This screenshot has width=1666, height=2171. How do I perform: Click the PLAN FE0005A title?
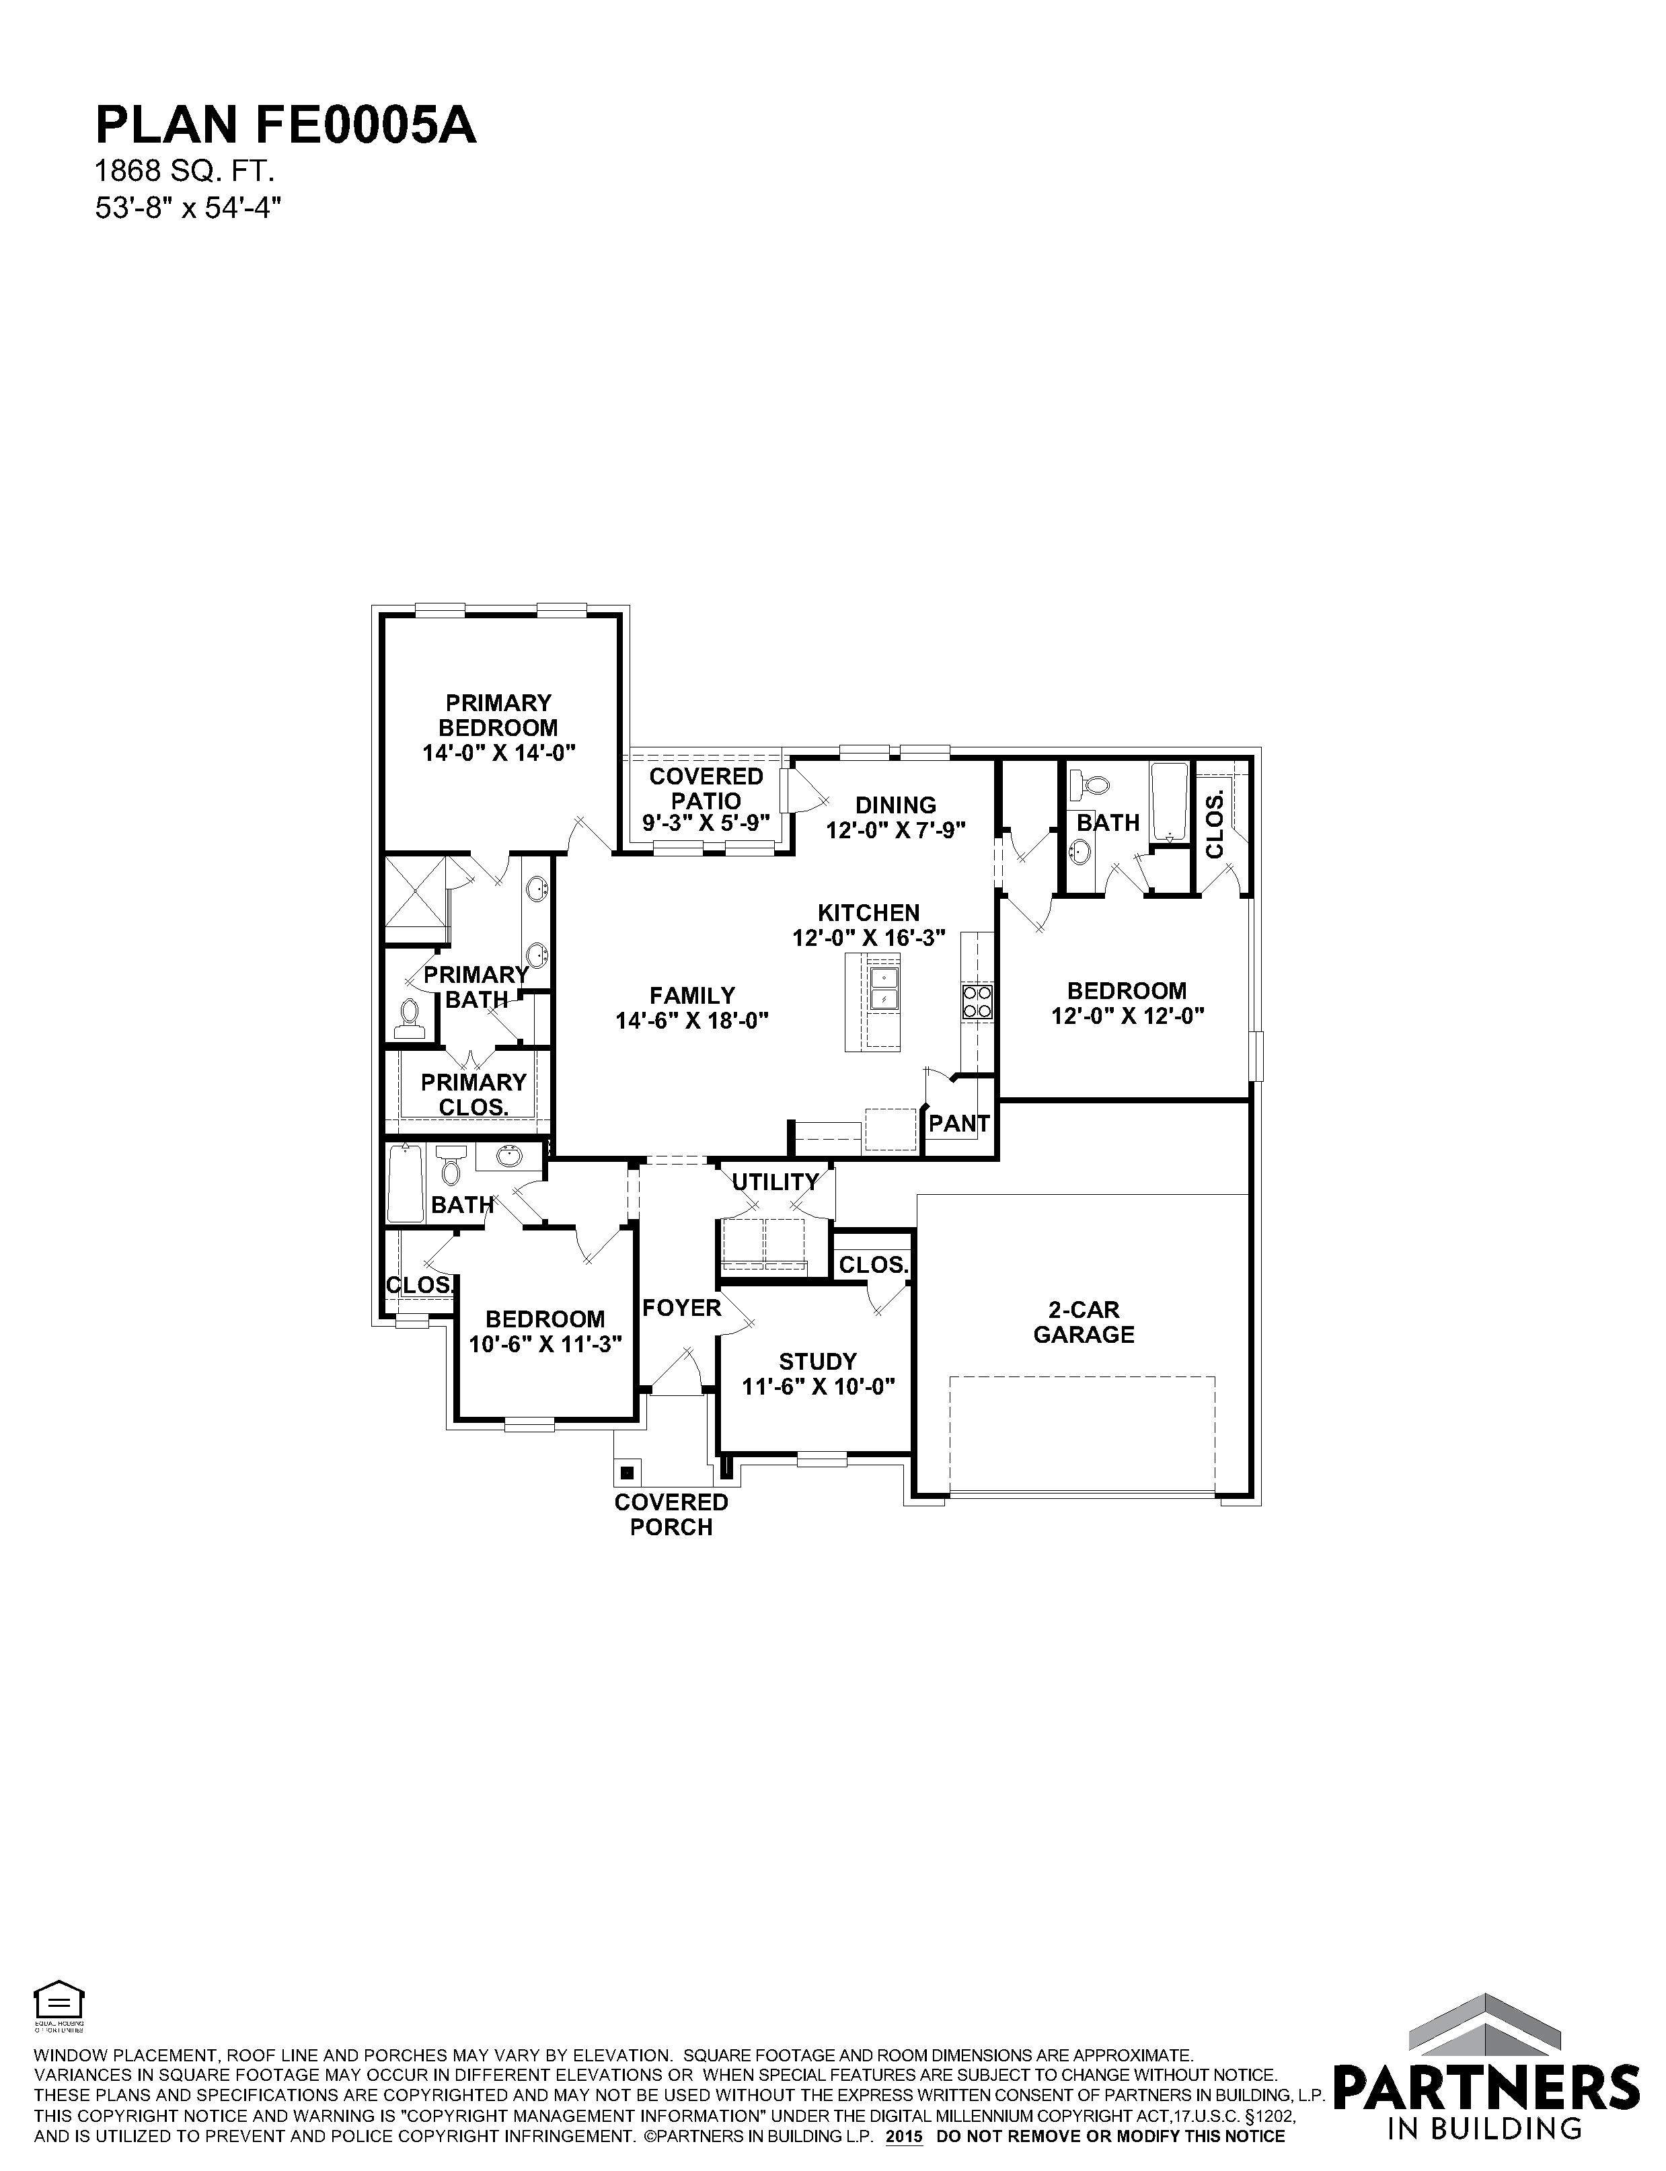click(x=286, y=126)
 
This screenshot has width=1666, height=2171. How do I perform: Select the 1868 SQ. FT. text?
click(x=184, y=172)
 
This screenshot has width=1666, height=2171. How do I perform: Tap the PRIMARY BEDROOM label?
click(x=499, y=715)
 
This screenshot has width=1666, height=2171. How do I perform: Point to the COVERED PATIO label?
click(x=706, y=788)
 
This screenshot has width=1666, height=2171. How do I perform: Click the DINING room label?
click(x=895, y=805)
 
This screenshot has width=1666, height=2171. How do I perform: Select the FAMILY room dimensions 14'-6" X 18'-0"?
click(x=692, y=1021)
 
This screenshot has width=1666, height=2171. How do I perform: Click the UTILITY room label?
click(x=775, y=1182)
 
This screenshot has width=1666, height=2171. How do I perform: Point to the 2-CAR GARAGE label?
click(x=1084, y=1322)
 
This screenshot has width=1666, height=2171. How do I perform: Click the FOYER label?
click(x=681, y=1308)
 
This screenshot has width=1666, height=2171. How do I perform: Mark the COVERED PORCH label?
click(x=671, y=1514)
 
